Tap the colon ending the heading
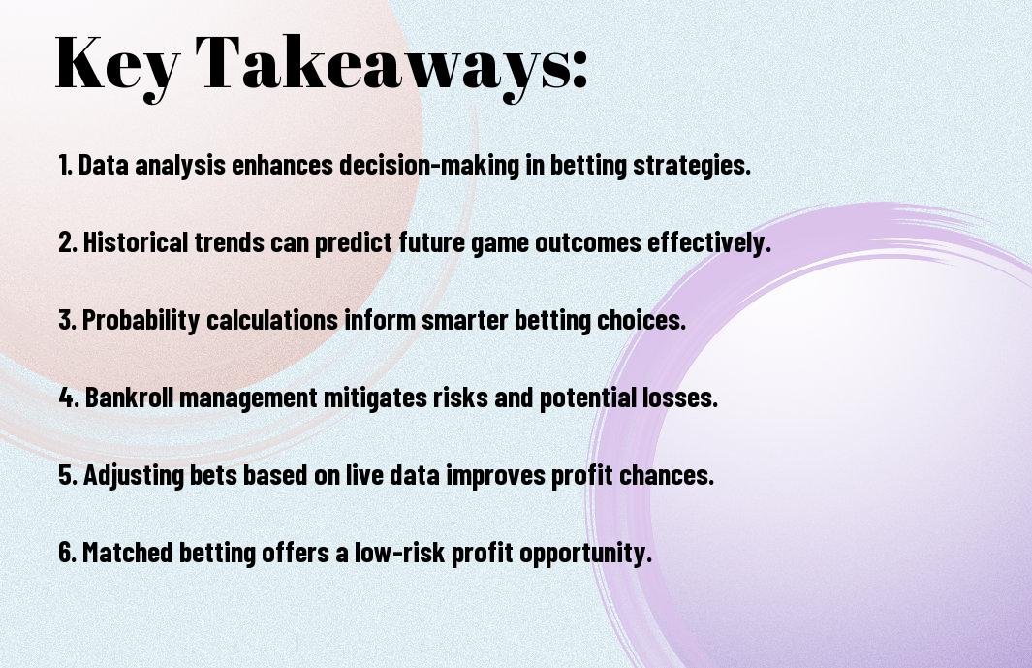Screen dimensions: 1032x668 click(579, 69)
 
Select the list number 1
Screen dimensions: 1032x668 click(65, 165)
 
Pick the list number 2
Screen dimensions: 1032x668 click(67, 242)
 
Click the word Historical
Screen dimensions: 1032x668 click(136, 242)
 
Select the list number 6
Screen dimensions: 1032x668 click(68, 552)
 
